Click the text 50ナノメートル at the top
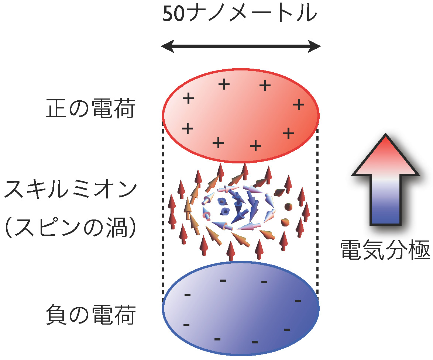pyautogui.click(x=240, y=14)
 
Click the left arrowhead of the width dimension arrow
pyautogui.click(x=167, y=46)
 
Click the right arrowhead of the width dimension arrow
pyautogui.click(x=314, y=46)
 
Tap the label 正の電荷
pyautogui.click(x=90, y=108)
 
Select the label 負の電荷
pyautogui.click(x=90, y=315)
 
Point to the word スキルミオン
pyautogui.click(x=71, y=190)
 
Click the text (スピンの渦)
pyautogui.click(x=71, y=228)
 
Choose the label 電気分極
pyautogui.click(x=385, y=250)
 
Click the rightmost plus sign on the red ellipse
pyautogui.click(x=299, y=104)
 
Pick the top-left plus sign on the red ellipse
pyautogui.click(x=188, y=98)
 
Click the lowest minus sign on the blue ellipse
pyautogui.click(x=255, y=342)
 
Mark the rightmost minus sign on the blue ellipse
pyautogui.click(x=298, y=301)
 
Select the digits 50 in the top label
pyautogui.click(x=173, y=14)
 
